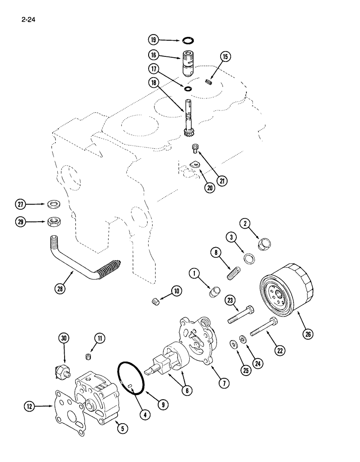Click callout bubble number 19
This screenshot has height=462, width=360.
point(153,40)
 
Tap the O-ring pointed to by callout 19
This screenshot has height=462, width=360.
point(189,40)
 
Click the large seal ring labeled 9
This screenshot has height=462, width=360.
point(132,378)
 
